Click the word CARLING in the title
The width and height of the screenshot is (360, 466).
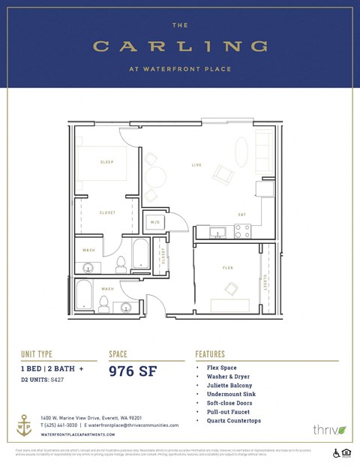click(180, 47)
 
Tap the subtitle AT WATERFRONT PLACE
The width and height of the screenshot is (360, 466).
click(180, 69)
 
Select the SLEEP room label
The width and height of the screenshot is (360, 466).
click(106, 162)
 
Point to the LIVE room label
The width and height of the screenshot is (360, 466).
click(196, 164)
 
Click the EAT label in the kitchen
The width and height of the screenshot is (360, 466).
click(241, 215)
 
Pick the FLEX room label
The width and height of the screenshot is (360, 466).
click(227, 268)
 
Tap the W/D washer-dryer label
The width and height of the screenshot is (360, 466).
click(155, 222)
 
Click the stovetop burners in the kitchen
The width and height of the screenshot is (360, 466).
click(242, 232)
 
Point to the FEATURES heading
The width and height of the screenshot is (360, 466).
click(216, 353)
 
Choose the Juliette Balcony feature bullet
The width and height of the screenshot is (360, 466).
click(230, 385)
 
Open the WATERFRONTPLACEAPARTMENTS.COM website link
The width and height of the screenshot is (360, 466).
click(79, 434)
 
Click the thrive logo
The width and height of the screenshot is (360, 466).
click(329, 430)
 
